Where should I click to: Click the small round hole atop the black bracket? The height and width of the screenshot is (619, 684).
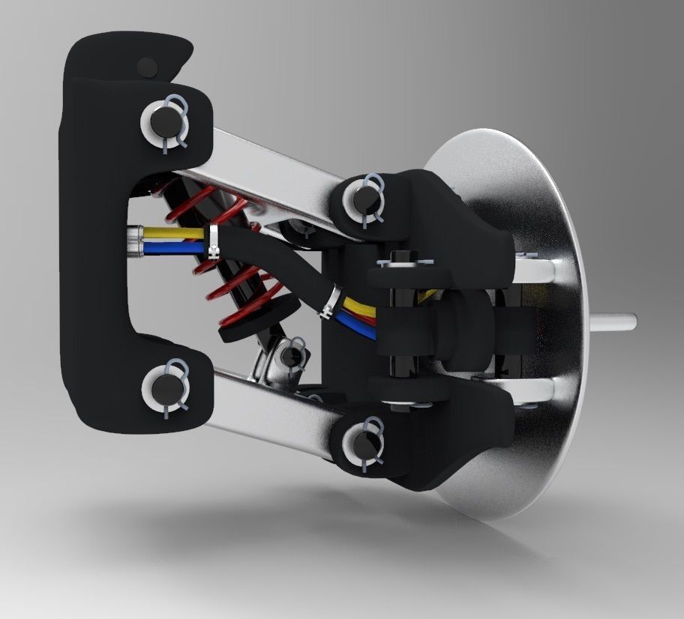148,67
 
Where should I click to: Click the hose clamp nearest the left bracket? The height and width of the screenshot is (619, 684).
214,240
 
